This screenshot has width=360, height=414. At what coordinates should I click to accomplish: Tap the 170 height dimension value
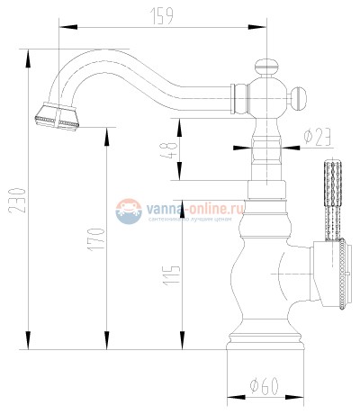point(101,239)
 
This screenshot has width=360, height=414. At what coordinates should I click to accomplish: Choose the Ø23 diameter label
point(318,138)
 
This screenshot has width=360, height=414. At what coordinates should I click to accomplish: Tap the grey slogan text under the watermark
point(193,219)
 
